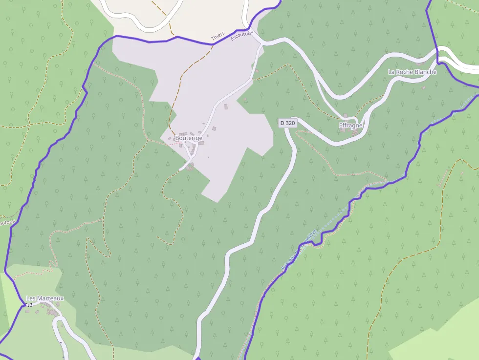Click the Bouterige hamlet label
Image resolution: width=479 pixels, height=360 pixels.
point(189,138)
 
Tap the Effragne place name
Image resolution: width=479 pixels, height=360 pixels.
point(351,126)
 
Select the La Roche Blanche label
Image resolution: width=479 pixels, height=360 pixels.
point(412,72)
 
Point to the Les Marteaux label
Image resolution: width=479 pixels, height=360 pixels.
point(45,298)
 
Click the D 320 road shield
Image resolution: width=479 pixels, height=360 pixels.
point(288,123)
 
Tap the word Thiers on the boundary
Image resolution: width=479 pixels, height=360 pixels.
point(218,37)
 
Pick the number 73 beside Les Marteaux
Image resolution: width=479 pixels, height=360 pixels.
point(29,305)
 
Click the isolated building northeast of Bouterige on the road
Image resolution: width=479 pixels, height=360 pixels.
point(226,106)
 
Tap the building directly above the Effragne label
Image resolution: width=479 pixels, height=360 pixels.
point(346,116)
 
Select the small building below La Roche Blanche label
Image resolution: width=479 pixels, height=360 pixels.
point(424,88)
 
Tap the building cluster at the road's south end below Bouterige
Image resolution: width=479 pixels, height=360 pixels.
point(190,167)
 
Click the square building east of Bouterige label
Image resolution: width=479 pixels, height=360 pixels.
point(214,129)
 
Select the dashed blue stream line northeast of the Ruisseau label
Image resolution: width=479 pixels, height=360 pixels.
point(337,215)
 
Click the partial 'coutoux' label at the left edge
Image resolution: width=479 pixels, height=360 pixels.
point(7,222)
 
